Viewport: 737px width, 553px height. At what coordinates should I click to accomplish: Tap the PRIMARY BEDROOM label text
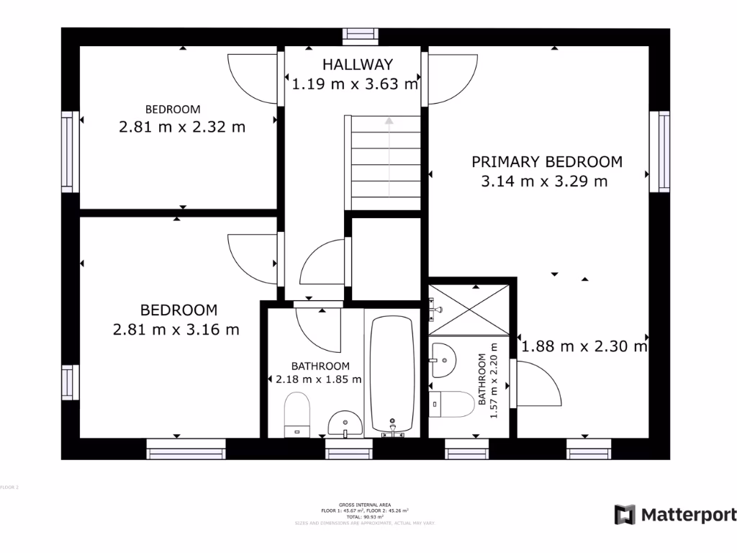(546, 161)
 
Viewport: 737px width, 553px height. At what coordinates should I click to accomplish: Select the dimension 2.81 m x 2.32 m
(181, 127)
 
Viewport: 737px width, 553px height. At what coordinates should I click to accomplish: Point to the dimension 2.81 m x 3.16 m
(176, 330)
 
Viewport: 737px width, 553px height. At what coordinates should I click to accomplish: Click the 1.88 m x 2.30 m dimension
(584, 347)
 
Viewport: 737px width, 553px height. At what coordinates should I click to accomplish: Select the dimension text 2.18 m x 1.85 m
(319, 379)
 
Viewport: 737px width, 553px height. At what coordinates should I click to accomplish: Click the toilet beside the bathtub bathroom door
(296, 415)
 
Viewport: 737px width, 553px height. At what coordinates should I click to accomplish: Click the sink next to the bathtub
(345, 424)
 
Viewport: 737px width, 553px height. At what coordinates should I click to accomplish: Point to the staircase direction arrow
(389, 156)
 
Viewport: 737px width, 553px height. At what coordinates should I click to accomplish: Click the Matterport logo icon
(625, 515)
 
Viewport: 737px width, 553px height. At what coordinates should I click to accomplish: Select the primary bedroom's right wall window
(659, 152)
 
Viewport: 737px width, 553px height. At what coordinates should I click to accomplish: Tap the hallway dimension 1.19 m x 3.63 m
(355, 84)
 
